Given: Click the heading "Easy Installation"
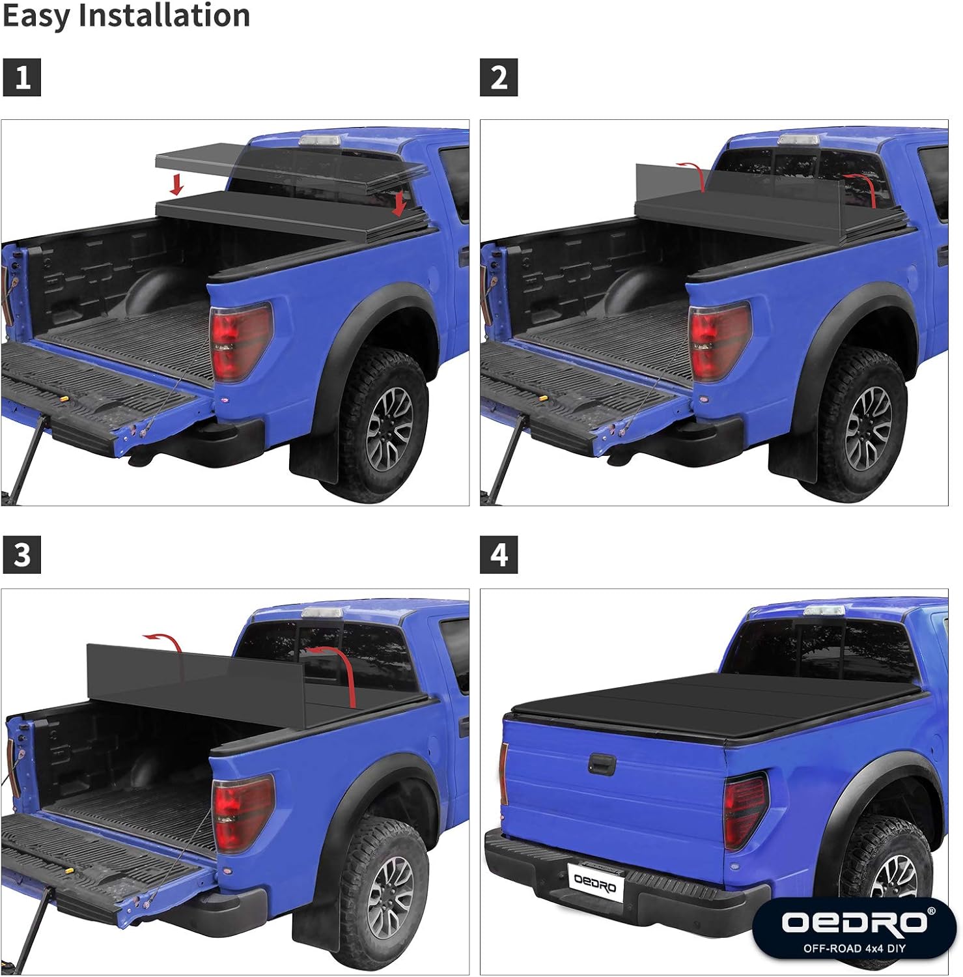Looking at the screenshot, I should click(x=126, y=16).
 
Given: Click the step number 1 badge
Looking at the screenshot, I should click(x=22, y=78).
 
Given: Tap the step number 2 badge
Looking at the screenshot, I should click(x=499, y=78).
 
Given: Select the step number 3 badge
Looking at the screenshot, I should click(x=22, y=555).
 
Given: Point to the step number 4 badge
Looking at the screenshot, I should click(x=499, y=555).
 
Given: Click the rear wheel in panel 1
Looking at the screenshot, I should click(x=388, y=427).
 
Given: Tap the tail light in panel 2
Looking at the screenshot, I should click(x=719, y=343).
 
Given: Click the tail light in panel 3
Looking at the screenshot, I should click(x=242, y=814).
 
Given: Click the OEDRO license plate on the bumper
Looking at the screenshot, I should click(x=595, y=883).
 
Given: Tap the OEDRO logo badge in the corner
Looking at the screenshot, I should click(x=854, y=928).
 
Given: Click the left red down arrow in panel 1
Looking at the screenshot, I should click(x=176, y=185).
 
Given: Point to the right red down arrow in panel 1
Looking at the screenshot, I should click(x=399, y=203).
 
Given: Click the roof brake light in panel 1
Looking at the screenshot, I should click(x=320, y=141).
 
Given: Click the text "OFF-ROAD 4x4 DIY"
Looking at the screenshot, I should click(x=854, y=948).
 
